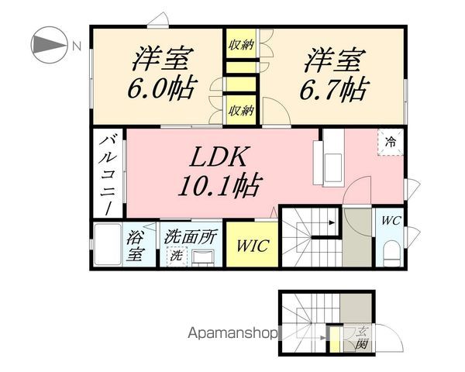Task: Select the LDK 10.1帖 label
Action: tap(220, 171)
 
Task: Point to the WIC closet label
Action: tap(253, 246)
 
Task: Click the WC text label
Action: tap(391, 221)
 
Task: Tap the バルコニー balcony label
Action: tap(108, 176)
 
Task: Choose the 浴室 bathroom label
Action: tap(135, 246)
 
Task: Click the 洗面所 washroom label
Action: tap(191, 236)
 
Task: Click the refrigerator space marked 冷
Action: tap(391, 142)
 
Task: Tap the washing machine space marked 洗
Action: tap(177, 257)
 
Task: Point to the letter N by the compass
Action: tap(77, 46)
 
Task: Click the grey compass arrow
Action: tap(48, 45)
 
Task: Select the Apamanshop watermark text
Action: tap(233, 334)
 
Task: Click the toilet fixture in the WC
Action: tap(391, 253)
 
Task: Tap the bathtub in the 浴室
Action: tap(108, 244)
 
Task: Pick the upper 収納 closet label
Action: tap(242, 46)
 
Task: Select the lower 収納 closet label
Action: tap(242, 111)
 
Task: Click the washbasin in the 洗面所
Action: tap(203, 257)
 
